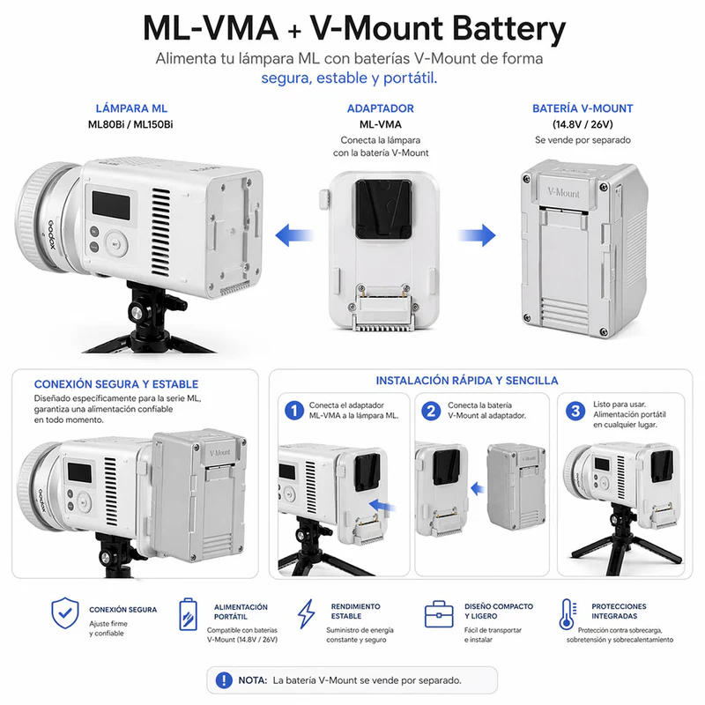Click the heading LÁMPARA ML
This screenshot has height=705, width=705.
coord(130,108)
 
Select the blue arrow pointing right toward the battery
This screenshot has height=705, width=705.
coord(477,235)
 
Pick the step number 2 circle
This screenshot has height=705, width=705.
coord(432,411)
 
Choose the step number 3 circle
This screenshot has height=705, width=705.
coord(575,411)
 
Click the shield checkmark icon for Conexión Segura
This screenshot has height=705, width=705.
coord(65,612)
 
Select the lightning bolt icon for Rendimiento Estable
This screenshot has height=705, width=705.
coord(306,614)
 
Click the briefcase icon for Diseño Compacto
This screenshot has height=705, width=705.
coord(438,614)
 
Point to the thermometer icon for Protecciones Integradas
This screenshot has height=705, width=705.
coord(567,614)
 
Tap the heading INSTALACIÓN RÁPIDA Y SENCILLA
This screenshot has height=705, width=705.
coord(466,381)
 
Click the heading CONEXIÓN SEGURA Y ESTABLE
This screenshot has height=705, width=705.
coord(115,384)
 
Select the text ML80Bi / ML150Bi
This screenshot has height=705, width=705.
coord(130,124)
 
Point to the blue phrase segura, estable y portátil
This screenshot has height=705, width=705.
coord(350,78)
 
